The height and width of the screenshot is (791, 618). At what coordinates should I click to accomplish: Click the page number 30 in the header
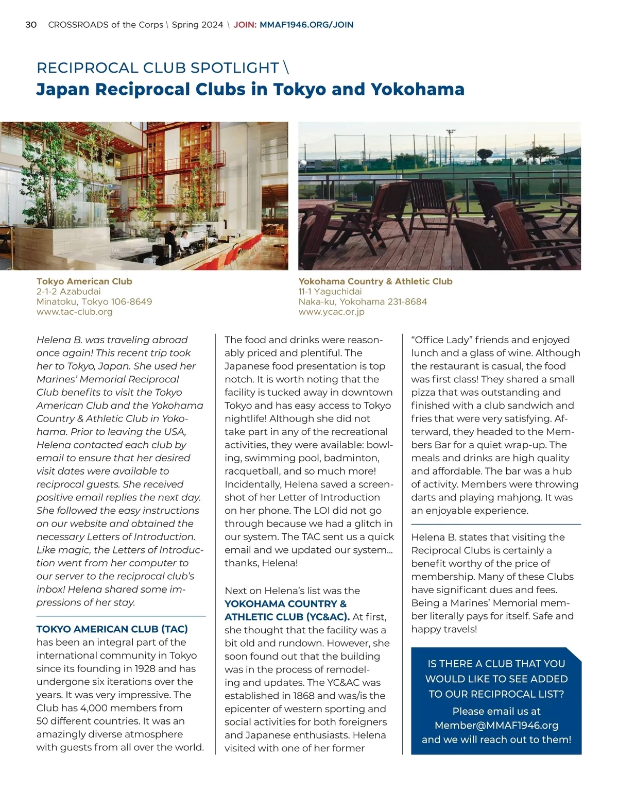coord(31,25)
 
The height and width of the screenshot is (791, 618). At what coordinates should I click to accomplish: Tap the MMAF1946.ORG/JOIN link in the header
coord(306,25)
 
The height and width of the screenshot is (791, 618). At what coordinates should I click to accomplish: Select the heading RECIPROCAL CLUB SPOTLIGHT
coord(158,68)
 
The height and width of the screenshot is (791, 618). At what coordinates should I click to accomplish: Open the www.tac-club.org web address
coord(74,311)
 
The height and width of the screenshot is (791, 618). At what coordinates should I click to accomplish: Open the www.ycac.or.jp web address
coord(331,311)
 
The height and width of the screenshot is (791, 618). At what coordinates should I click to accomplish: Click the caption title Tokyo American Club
coord(84,281)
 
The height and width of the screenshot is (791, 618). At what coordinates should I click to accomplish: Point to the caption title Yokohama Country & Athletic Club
coord(375,281)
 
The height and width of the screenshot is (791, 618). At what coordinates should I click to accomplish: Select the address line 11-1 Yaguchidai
coord(330,291)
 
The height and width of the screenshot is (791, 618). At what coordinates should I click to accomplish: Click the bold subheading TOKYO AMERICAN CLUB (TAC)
coord(112,629)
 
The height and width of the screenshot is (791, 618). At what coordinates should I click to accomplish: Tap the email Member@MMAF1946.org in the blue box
coord(496,725)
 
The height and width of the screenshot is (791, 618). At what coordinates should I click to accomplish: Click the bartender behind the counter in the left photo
coord(183,238)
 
